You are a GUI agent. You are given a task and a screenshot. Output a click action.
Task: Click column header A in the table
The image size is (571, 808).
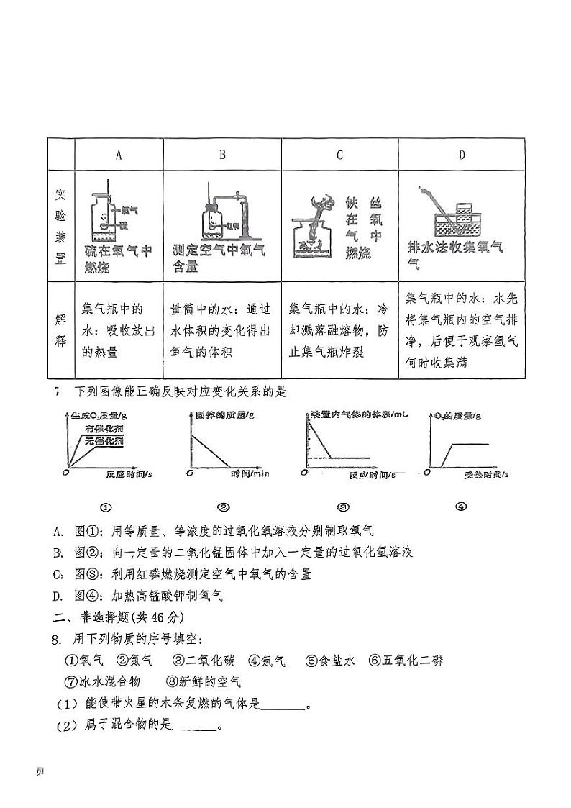point(119,155)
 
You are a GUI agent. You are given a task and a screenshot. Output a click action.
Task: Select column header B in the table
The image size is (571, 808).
point(222,155)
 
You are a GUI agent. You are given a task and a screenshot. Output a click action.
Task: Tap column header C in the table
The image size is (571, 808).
point(339,155)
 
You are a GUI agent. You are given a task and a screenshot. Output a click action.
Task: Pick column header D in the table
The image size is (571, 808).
point(461,155)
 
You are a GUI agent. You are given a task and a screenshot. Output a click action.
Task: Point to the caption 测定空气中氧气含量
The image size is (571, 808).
point(219,258)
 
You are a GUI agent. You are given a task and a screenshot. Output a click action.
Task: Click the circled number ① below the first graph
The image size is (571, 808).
point(106,507)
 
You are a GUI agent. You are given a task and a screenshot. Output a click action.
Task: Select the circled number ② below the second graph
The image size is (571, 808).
point(224,507)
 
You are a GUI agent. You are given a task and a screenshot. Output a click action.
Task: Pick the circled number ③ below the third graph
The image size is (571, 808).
point(343,507)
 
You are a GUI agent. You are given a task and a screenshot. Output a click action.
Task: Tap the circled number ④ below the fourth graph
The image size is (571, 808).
point(461,507)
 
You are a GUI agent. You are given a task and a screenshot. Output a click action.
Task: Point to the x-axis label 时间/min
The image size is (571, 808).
point(250,474)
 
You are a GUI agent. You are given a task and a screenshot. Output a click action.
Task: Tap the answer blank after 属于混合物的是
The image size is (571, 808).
point(194,726)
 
